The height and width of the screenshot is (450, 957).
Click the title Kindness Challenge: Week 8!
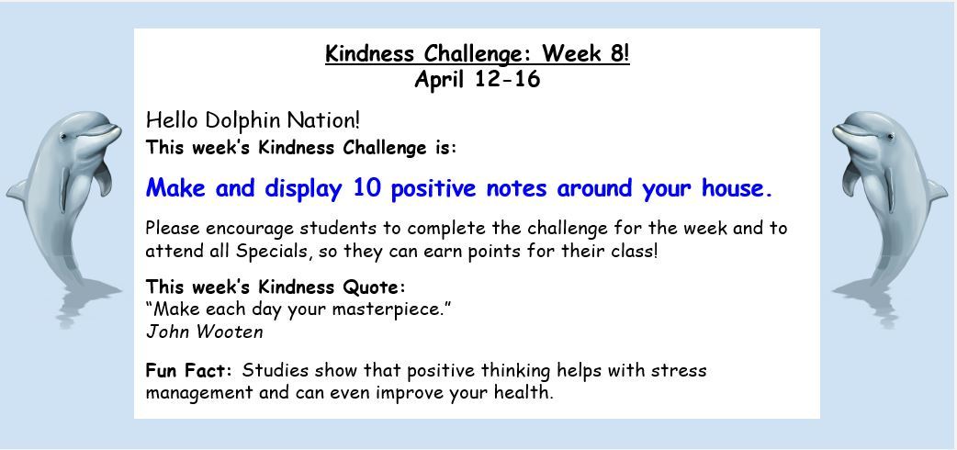[478, 53]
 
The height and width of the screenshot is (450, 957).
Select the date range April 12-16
[478, 79]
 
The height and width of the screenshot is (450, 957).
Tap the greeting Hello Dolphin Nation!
[253, 120]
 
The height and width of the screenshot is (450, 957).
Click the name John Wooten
[205, 332]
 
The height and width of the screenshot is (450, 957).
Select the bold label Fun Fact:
[189, 371]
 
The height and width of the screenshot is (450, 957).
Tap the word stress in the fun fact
[679, 371]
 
